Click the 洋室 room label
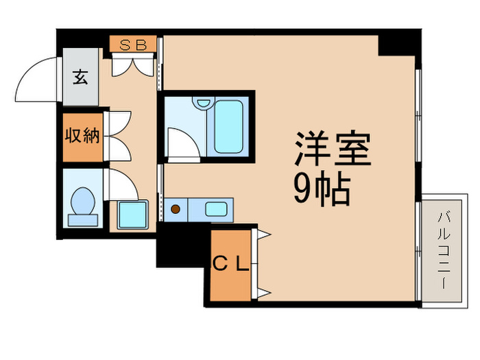[x=333, y=149]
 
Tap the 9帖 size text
[x=322, y=189]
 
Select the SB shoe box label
[x=134, y=45]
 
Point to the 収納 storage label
[x=82, y=136]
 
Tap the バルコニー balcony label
[x=443, y=251]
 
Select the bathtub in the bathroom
[x=228, y=127]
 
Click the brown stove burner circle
[x=176, y=209]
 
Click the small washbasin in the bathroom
[x=202, y=104]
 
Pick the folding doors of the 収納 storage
[x=117, y=136]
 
